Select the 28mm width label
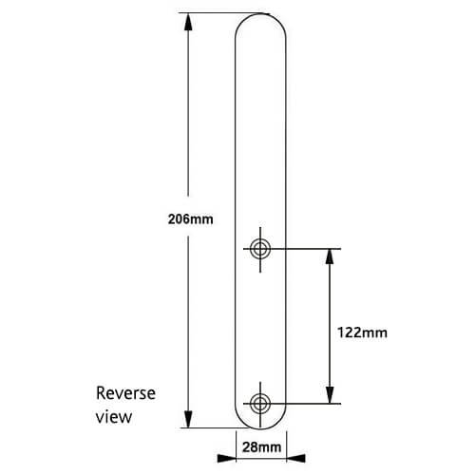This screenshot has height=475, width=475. [261, 446]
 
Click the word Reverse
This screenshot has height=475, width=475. [125, 393]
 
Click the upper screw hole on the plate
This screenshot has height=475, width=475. [260, 249]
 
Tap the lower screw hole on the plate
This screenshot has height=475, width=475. [260, 404]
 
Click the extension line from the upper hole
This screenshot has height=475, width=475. [304, 249]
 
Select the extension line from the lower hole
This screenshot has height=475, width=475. [304, 404]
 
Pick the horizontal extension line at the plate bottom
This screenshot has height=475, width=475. [214, 427]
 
